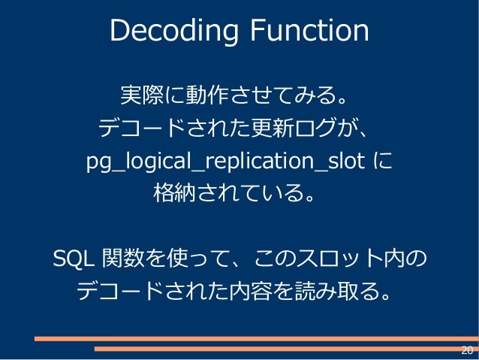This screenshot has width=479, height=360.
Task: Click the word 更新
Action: [x=267, y=129]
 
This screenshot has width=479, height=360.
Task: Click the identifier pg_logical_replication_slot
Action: [x=226, y=162]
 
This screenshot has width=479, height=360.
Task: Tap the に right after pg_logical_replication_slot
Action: [x=382, y=162]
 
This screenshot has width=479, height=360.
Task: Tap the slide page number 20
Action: [x=466, y=350]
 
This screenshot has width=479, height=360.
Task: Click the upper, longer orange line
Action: [x=255, y=339]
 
